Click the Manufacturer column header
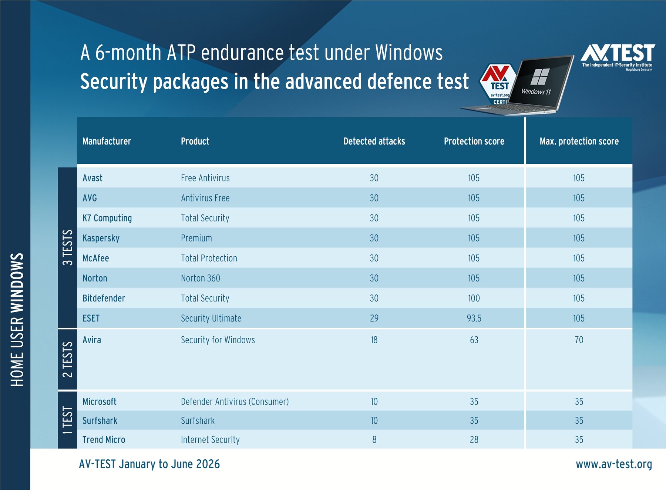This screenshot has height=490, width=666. click(x=107, y=141)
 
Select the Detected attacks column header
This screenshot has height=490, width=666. click(x=374, y=141)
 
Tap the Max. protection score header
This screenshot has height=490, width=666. click(x=579, y=141)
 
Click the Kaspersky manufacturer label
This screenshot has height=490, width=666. click(x=101, y=238)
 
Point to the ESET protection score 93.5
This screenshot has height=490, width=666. click(x=474, y=318)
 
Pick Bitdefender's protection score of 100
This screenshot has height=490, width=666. click(x=474, y=298)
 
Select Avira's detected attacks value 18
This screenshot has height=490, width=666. click(x=374, y=340)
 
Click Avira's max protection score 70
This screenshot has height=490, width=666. click(x=579, y=340)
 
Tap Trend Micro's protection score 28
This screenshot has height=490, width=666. click(x=474, y=440)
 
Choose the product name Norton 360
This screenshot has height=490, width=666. click(x=201, y=278)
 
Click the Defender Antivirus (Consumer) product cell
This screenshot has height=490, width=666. click(x=235, y=401)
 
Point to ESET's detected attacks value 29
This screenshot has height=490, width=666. click(x=374, y=318)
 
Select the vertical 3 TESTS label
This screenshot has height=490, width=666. click(x=67, y=247)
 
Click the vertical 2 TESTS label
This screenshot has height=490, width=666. click(x=67, y=359)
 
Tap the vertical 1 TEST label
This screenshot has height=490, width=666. click(x=67, y=420)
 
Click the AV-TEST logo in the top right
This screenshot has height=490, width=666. click(x=618, y=57)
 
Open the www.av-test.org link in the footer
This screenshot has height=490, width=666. click(x=614, y=464)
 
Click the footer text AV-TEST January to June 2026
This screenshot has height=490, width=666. click(x=149, y=464)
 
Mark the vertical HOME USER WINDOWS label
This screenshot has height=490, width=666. click(x=17, y=320)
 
